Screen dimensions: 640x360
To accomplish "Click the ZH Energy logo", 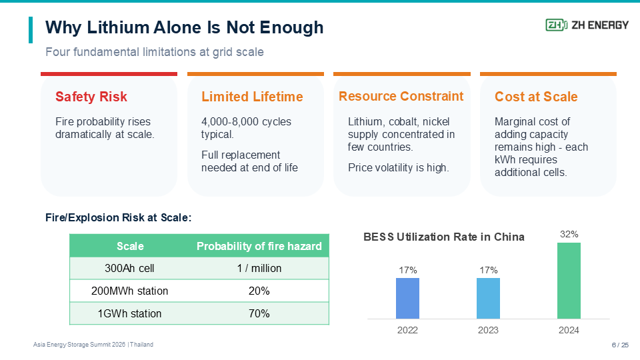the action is tap(587, 25).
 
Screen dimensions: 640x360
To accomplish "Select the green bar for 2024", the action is tap(569, 281).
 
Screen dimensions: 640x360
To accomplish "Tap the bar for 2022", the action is tap(407, 299).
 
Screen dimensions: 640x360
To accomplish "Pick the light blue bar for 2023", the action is tap(488, 299).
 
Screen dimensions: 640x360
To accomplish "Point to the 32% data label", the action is tap(569, 234).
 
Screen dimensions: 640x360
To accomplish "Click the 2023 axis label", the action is tap(488, 330).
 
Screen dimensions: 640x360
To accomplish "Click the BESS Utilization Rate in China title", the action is tap(444, 237).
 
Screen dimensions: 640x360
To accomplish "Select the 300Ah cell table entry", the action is tap(129, 268).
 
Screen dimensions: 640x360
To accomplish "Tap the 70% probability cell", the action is tap(259, 313).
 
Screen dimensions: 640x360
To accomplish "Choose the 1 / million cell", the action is tap(259, 268).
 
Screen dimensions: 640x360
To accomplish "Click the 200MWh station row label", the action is tap(129, 291).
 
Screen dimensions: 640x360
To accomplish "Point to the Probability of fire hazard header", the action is tap(259, 246).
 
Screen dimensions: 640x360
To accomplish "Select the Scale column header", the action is tap(130, 246).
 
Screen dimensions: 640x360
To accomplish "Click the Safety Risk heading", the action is tap(91, 97).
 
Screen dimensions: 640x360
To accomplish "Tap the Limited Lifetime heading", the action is tap(252, 97).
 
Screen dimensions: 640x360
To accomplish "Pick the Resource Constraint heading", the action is tap(401, 96).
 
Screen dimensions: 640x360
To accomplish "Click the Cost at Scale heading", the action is tap(536, 97).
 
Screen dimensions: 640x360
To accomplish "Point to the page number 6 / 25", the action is tap(620, 345).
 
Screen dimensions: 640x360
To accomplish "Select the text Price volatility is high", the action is tap(399, 168).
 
